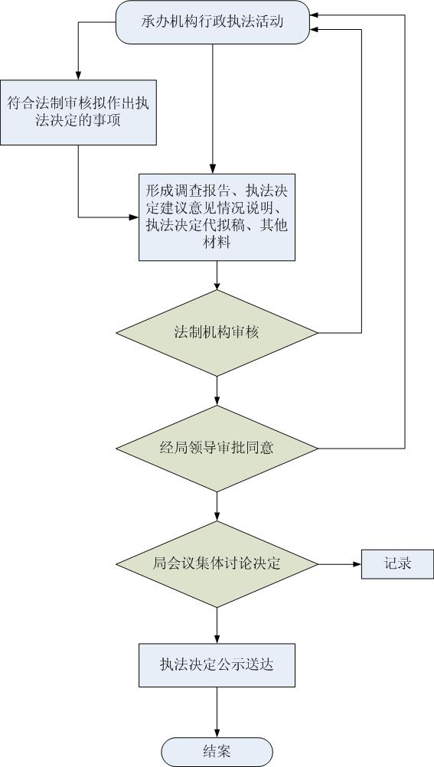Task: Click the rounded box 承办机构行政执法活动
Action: pyautogui.click(x=212, y=22)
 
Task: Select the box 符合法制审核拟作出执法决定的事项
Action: pyautogui.click(x=78, y=113)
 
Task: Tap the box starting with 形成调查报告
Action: pyautogui.click(x=217, y=217)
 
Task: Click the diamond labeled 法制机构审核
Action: pyautogui.click(x=217, y=333)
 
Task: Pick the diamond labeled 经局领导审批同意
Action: pyautogui.click(x=217, y=449)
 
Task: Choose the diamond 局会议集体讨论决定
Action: pyautogui.click(x=217, y=564)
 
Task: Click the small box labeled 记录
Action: pyautogui.click(x=397, y=564)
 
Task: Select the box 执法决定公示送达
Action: pyautogui.click(x=217, y=665)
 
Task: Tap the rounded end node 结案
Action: pyautogui.click(x=217, y=752)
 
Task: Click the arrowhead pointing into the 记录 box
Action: pyautogui.click(x=357, y=564)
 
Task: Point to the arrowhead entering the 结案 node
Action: pyautogui.click(x=217, y=733)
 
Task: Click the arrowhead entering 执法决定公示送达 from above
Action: pyautogui.click(x=217, y=639)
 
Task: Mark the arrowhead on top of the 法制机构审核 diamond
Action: pyautogui.click(x=217, y=286)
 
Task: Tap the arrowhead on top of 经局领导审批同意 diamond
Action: pyautogui.click(x=217, y=401)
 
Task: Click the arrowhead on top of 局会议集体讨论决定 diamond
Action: pyautogui.click(x=217, y=517)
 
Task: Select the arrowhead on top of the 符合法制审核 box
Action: pyautogui.click(x=78, y=75)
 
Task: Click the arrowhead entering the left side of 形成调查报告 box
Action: pyautogui.click(x=135, y=217)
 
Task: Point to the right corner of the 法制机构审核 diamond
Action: pyautogui.click(x=318, y=333)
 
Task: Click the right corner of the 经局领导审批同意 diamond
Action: pyautogui.click(x=318, y=449)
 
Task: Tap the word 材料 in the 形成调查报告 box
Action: pyautogui.click(x=217, y=242)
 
